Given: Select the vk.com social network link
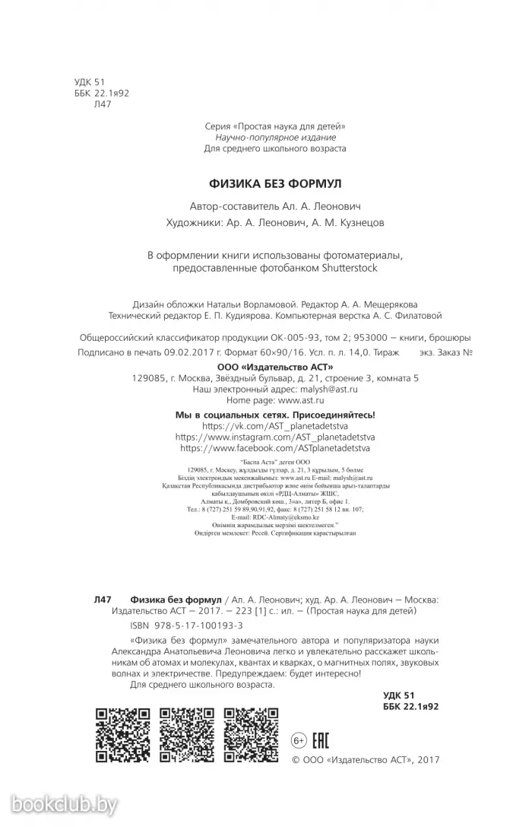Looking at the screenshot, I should click(x=276, y=426).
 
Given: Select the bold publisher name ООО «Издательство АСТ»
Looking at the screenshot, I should click(x=275, y=366).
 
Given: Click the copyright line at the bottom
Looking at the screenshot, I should click(x=366, y=759).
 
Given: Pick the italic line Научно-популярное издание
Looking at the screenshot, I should click(x=275, y=137).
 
